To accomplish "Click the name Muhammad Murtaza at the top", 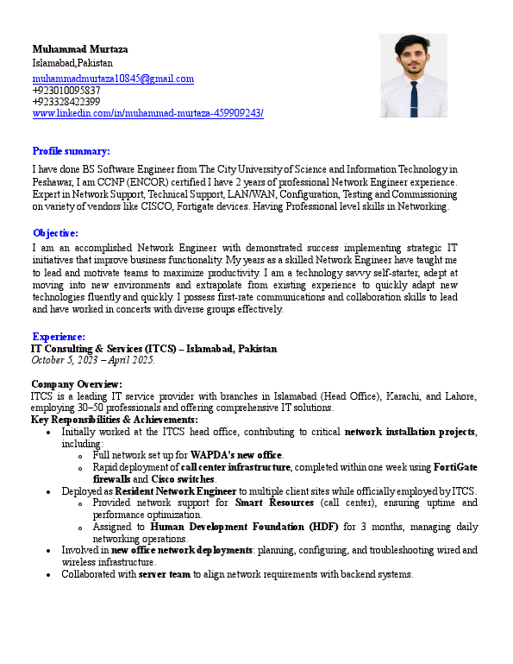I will (x=79, y=48).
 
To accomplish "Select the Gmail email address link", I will (x=113, y=79).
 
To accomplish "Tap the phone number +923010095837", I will (x=66, y=90).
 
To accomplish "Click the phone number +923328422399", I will (x=66, y=102).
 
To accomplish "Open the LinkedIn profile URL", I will (x=147, y=113).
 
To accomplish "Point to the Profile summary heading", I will (x=71, y=150).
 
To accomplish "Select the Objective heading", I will (x=55, y=233).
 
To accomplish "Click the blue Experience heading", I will (x=59, y=336).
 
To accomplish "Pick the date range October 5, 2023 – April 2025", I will (x=92, y=360).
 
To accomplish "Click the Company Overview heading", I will (x=77, y=384).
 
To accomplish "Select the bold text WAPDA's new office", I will (x=236, y=454).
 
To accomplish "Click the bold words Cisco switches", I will (x=183, y=478).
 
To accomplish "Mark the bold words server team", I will (x=165, y=574).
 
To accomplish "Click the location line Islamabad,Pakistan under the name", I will (x=72, y=63).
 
